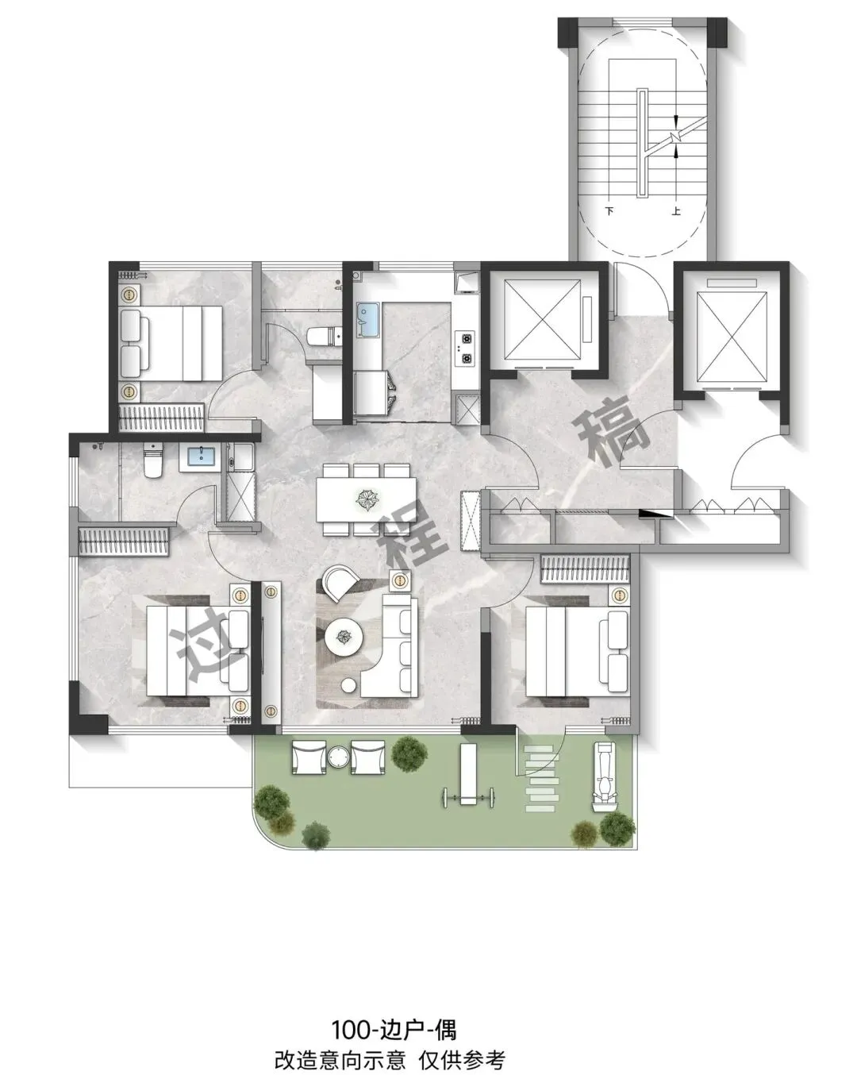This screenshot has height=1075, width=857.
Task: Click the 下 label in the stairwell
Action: pyautogui.click(x=609, y=210)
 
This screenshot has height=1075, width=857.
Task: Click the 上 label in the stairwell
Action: pyautogui.click(x=676, y=210)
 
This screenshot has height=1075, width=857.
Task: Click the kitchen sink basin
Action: pyautogui.click(x=368, y=321)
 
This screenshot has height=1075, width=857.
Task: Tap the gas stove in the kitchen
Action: pyautogui.click(x=467, y=349)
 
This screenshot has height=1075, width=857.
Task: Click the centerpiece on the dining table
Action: pyautogui.click(x=367, y=499)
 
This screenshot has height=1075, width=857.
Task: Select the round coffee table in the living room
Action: pyautogui.click(x=344, y=637)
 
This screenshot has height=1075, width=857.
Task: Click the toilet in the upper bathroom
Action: pyautogui.click(x=323, y=337)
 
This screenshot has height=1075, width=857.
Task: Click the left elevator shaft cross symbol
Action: pyautogui.click(x=543, y=319)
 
